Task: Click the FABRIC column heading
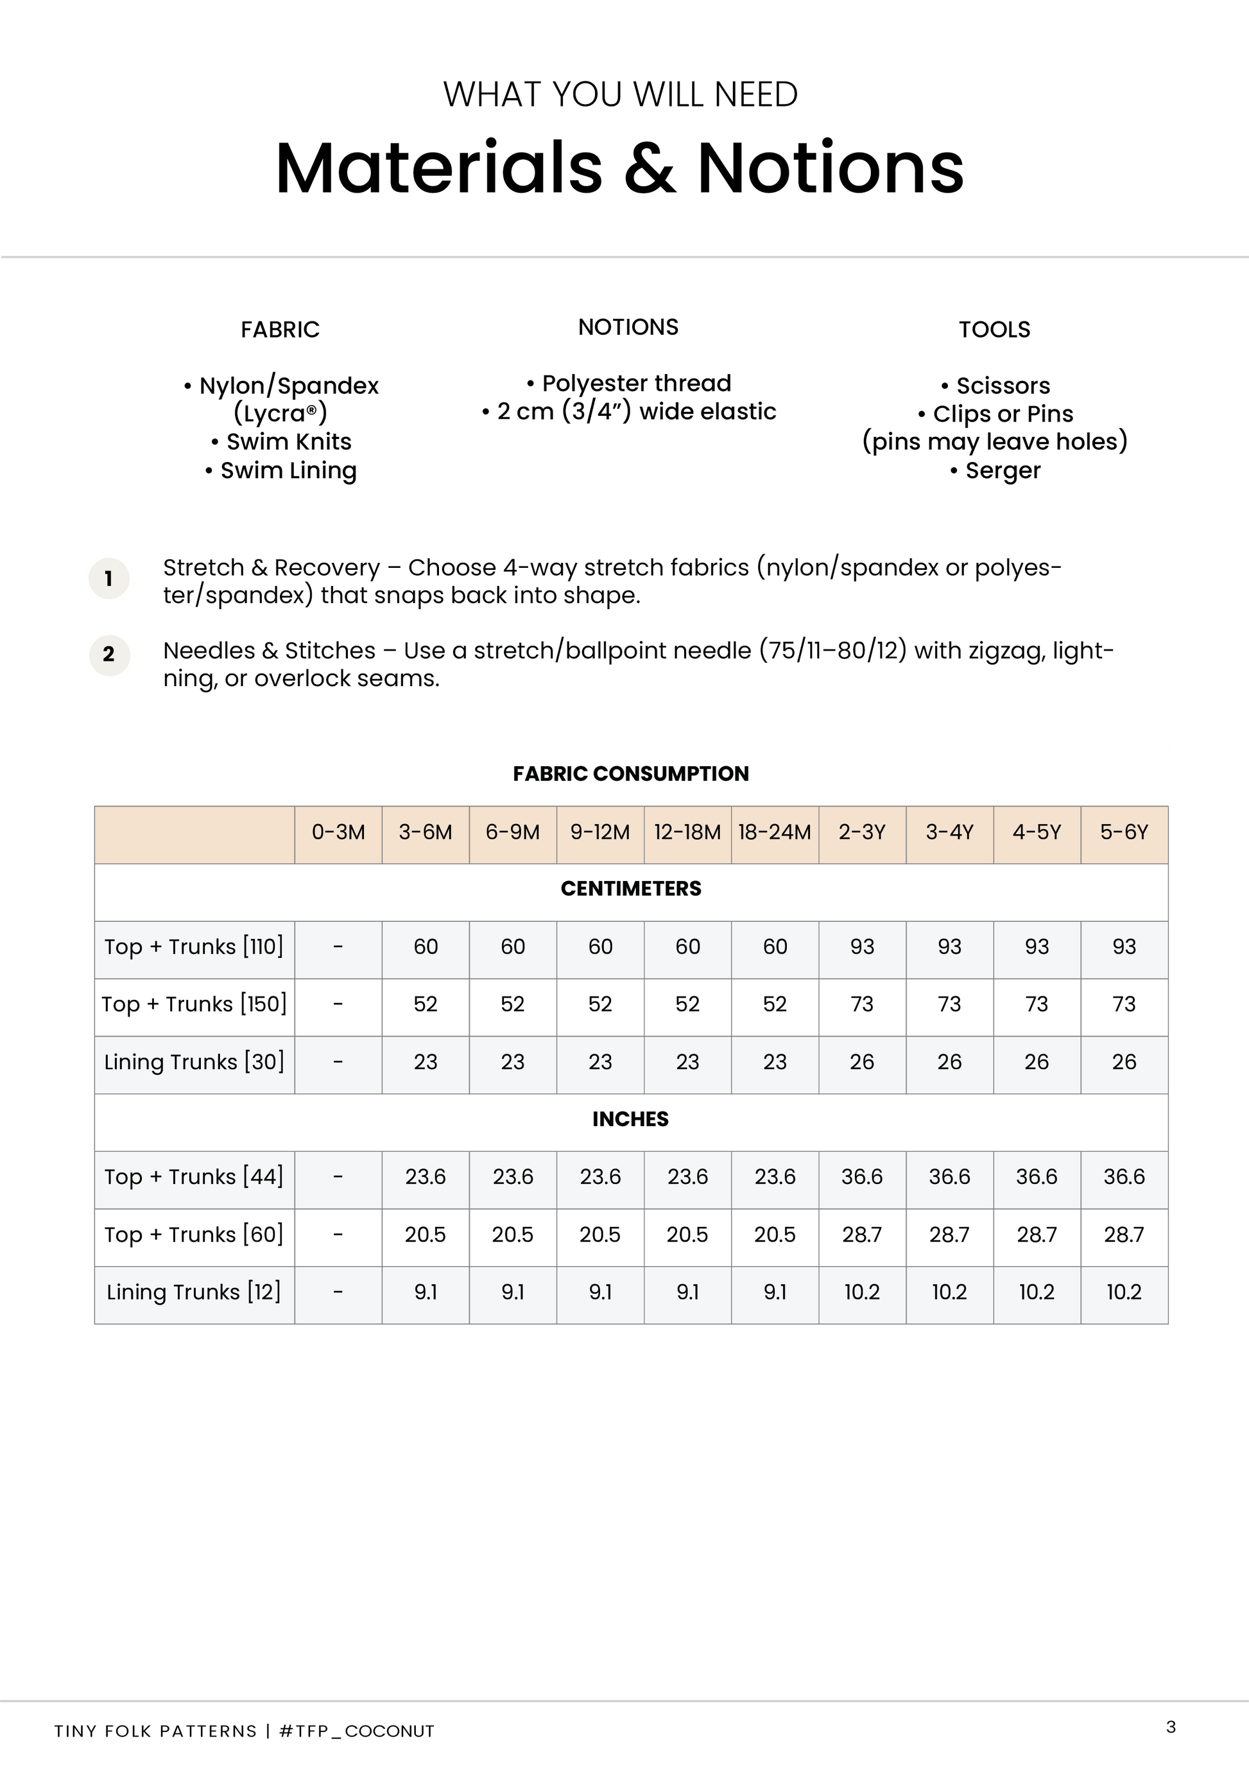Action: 280,329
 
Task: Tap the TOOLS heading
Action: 994,329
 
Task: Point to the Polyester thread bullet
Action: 629,383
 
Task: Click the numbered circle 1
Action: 109,578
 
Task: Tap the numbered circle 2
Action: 109,655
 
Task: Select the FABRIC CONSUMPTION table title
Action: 631,774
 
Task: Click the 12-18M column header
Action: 687,832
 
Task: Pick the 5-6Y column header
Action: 1124,832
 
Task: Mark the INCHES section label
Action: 631,1119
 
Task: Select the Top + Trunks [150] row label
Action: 194,1004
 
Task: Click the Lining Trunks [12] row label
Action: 194,1292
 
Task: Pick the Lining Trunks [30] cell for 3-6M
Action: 426,1061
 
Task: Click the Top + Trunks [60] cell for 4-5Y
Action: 1037,1235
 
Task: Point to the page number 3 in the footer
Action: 1171,1727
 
